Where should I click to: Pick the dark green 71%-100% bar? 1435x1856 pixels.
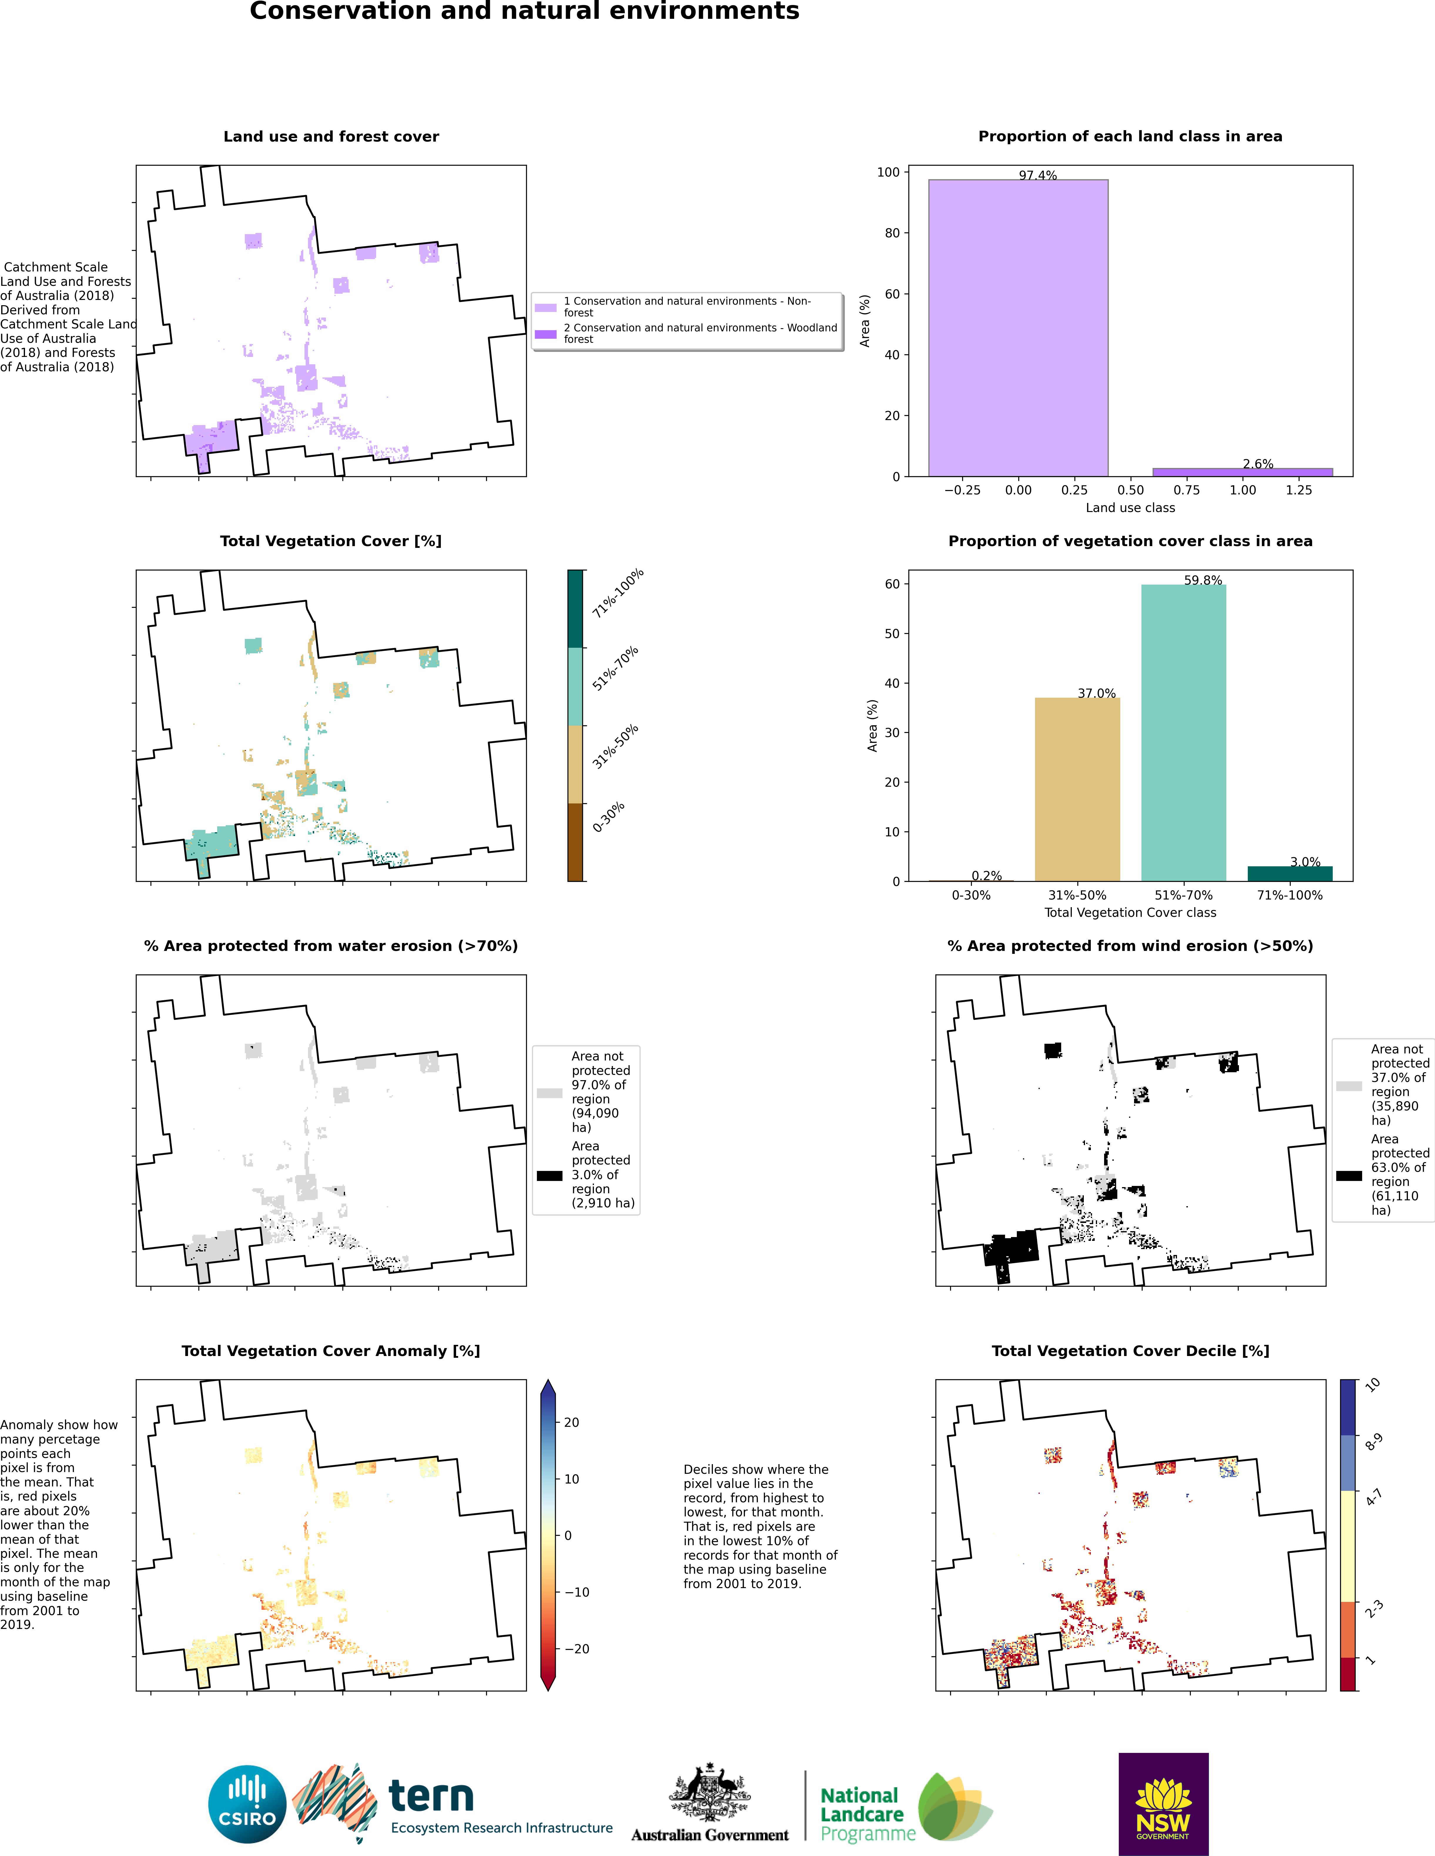1290,874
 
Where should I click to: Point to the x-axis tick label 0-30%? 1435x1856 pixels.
971,895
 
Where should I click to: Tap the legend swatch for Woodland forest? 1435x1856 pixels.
546,334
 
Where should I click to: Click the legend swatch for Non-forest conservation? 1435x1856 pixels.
546,307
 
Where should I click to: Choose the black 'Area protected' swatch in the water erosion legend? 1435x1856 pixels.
549,1175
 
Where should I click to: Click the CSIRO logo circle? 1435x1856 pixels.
247,1804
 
